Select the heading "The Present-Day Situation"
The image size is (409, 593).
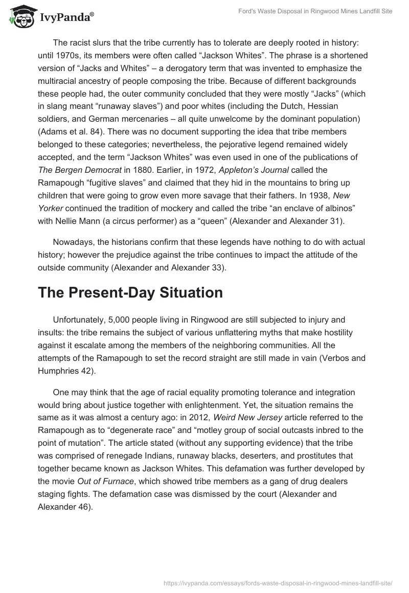pyautogui.click(x=130, y=293)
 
